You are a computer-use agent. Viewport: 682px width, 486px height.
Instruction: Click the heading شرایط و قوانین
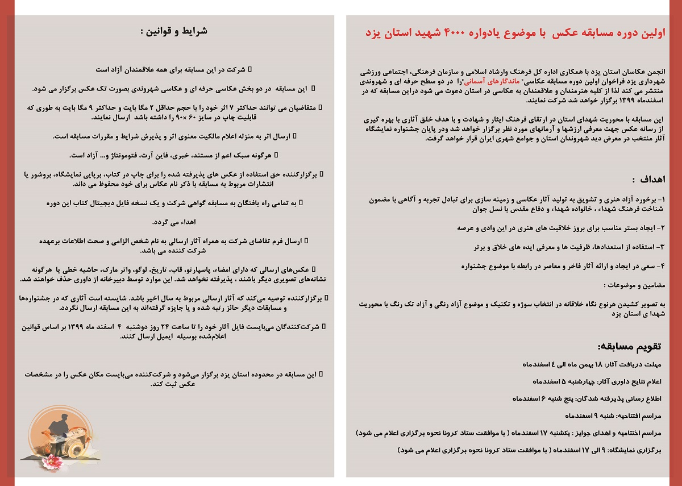tap(173, 31)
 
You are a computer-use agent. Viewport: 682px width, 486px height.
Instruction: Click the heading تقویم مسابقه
tap(630, 346)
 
